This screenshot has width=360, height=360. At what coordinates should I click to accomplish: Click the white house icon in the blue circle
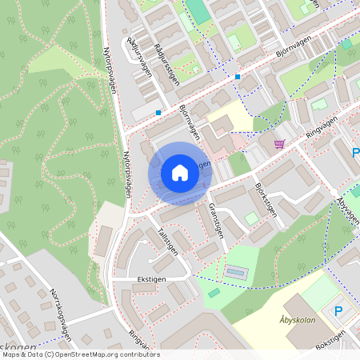click(x=180, y=173)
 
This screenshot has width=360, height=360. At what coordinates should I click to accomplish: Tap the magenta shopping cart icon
click(x=279, y=144)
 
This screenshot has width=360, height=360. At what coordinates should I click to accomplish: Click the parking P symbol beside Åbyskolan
click(x=338, y=310)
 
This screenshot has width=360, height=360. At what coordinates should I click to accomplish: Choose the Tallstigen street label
click(x=167, y=239)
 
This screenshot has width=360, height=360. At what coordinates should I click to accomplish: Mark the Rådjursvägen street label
click(x=141, y=55)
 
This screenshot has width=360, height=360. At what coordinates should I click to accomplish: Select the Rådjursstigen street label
click(x=168, y=64)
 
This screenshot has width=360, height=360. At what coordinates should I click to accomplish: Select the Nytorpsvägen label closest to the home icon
click(x=126, y=174)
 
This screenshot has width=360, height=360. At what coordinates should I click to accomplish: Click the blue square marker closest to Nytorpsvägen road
click(x=158, y=112)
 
